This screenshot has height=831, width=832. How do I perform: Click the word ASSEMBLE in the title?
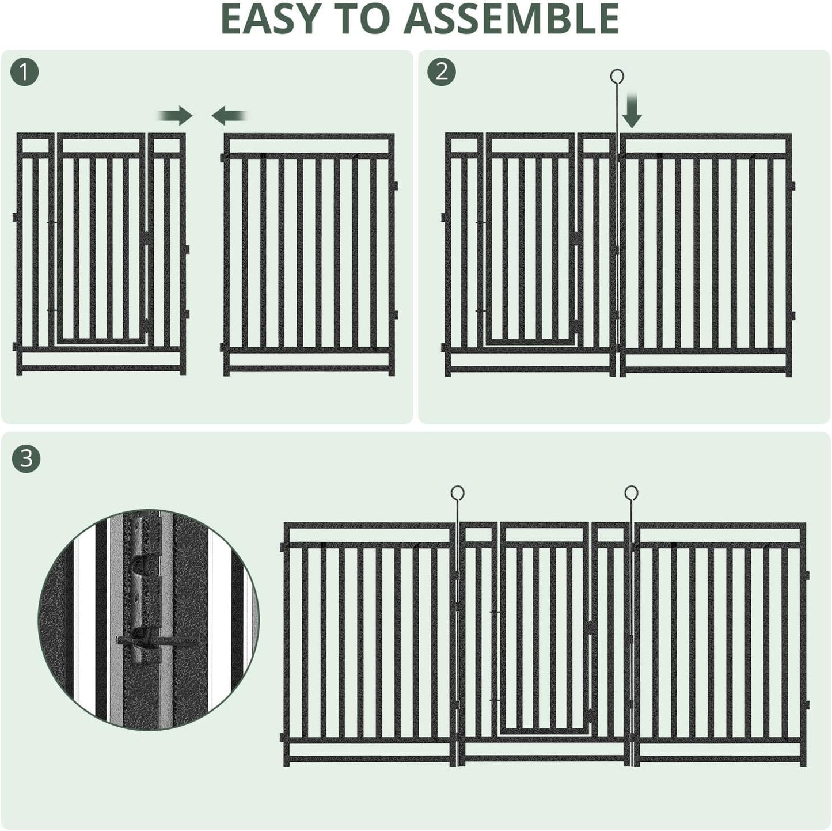pyautogui.click(x=511, y=20)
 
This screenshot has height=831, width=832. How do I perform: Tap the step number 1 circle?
pyautogui.click(x=25, y=73)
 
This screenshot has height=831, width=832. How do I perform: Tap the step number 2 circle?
pyautogui.click(x=442, y=73)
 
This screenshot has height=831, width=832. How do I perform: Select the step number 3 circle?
pyautogui.click(x=26, y=459)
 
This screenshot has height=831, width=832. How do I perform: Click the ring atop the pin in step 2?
pyautogui.click(x=617, y=76)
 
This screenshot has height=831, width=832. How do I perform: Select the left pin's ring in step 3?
pyautogui.click(x=457, y=493)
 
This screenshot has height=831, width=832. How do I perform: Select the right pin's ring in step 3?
pyautogui.click(x=631, y=493)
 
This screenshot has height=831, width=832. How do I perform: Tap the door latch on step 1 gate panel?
pyautogui.click(x=148, y=237)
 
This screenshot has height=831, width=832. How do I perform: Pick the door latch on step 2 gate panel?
pyautogui.click(x=577, y=237)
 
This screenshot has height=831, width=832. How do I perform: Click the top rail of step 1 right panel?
pyautogui.click(x=309, y=137)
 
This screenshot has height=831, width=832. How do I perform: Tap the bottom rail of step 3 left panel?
pyautogui.click(x=368, y=760)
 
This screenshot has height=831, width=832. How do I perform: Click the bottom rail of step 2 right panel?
pyautogui.click(x=705, y=370)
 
